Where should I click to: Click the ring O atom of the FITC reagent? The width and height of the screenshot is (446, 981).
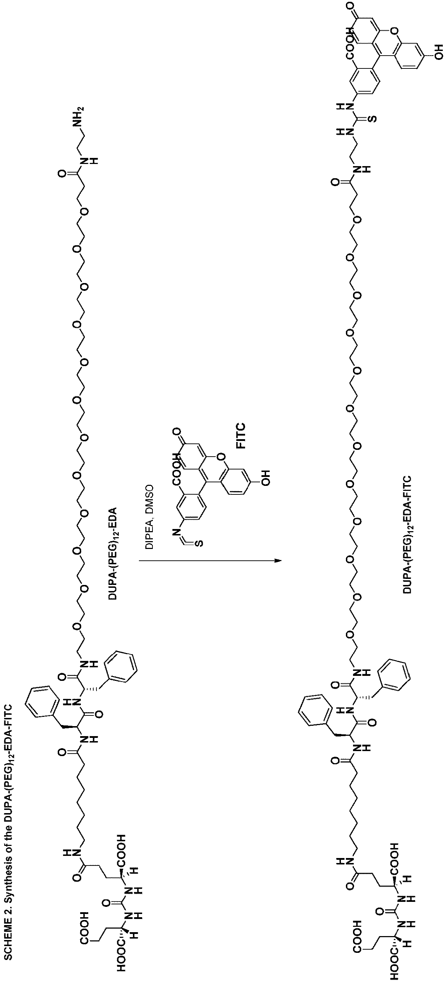[x=222, y=456]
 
